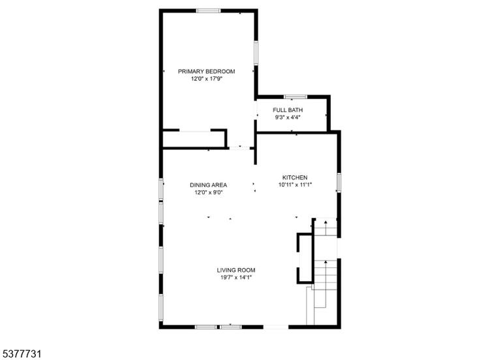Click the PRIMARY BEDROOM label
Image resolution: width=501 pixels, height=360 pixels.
[206, 71]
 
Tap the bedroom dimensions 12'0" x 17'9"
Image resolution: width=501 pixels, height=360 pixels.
[206, 79]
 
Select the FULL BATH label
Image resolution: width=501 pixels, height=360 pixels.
[288, 110]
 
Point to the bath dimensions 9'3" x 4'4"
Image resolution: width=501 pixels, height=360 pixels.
[288, 117]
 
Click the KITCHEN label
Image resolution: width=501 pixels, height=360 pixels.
[295, 177]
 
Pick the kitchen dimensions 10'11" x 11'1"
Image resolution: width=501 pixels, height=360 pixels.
[295, 185]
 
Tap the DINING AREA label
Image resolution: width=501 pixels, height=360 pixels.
[208, 185]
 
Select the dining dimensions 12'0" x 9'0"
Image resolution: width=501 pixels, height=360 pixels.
[208, 192]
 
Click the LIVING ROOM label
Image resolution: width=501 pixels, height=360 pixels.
[235, 270]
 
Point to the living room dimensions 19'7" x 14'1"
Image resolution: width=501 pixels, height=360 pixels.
[235, 278]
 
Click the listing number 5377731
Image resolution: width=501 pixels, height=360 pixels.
[22, 354]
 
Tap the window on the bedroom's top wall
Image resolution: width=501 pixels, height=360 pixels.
[208, 11]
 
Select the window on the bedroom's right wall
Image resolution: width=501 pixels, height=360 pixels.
[256, 53]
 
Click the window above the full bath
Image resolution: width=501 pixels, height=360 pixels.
[296, 97]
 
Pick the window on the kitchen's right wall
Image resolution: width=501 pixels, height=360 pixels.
[339, 183]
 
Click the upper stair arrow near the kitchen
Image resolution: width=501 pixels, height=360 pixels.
[326, 228]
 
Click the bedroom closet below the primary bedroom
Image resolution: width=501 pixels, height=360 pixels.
[194, 139]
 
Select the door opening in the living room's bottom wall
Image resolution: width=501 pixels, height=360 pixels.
[276, 327]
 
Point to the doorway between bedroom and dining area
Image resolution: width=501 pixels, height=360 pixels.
[239, 147]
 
